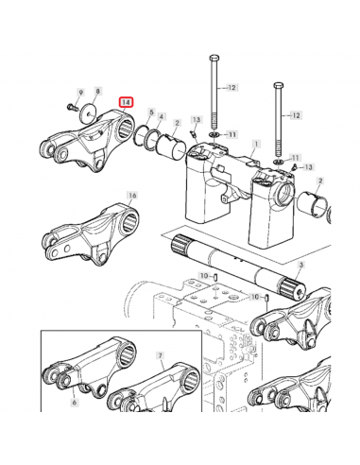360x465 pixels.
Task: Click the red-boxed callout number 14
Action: [x=126, y=102]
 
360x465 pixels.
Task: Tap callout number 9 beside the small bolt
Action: [x=81, y=93]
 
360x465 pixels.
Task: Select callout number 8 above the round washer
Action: [x=97, y=91]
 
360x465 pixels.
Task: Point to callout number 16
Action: [x=132, y=196]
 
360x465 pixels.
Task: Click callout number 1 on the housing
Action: [x=257, y=145]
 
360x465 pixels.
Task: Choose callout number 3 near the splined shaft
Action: [x=300, y=266]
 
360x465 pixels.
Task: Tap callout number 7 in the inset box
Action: [x=161, y=355]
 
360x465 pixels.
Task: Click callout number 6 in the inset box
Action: [x=75, y=402]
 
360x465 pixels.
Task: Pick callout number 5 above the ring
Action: [x=151, y=112]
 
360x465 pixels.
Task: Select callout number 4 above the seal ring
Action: [x=161, y=117]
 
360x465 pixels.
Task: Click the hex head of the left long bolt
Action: [x=214, y=59]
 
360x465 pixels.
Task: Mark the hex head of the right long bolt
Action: [x=279, y=85]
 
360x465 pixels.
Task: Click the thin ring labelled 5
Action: [x=141, y=135]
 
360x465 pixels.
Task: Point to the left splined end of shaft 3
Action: [x=180, y=245]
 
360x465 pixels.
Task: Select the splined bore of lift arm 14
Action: [x=126, y=129]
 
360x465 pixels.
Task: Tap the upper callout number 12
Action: [x=231, y=87]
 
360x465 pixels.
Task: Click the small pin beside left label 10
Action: [x=214, y=277]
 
